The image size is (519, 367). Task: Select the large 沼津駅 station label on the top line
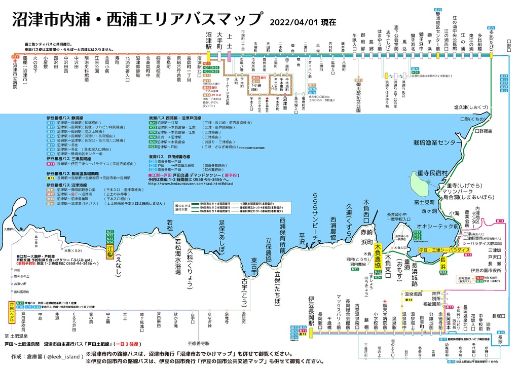click(x=208, y=40)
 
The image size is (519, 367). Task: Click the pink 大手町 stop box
click(x=219, y=40)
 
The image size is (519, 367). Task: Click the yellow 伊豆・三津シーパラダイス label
click(x=444, y=250)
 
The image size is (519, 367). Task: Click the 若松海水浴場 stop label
click(x=177, y=256)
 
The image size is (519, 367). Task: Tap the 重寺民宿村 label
click(x=431, y=173)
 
